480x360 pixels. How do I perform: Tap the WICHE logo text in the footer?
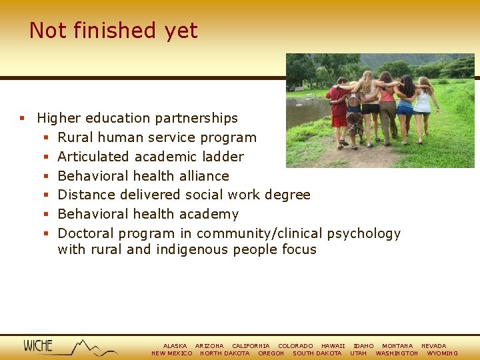coord(38,345)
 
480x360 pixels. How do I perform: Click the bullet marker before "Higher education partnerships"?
coord(21,119)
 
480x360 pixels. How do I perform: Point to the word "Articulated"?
coord(93,157)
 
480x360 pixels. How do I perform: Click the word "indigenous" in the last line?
coord(191,249)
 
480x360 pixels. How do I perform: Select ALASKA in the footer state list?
coord(175,346)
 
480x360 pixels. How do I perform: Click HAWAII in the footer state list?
coord(333,346)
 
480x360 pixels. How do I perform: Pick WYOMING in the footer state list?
coord(442,353)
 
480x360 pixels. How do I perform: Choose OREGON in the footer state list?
coord(271,353)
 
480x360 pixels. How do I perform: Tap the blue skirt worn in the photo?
coord(405,110)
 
